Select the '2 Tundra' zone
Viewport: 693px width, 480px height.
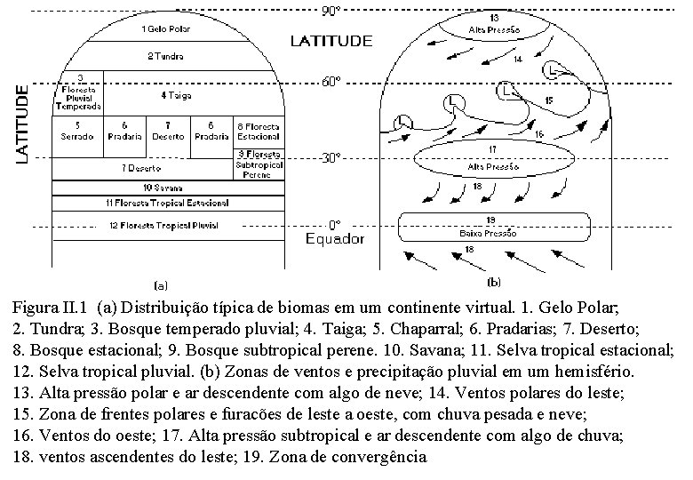pos(166,57)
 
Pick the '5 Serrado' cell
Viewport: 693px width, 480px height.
pos(79,131)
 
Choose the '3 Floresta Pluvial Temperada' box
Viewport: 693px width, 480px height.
pos(79,92)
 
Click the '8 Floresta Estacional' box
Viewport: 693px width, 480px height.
pos(258,131)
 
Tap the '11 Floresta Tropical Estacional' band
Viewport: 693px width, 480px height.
pos(167,203)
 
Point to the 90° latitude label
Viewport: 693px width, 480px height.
pos(331,12)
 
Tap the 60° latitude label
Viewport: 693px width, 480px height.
pos(331,82)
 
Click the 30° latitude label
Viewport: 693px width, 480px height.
pos(331,158)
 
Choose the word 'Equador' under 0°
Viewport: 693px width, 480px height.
pos(335,239)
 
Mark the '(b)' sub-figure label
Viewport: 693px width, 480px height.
pos(494,283)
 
